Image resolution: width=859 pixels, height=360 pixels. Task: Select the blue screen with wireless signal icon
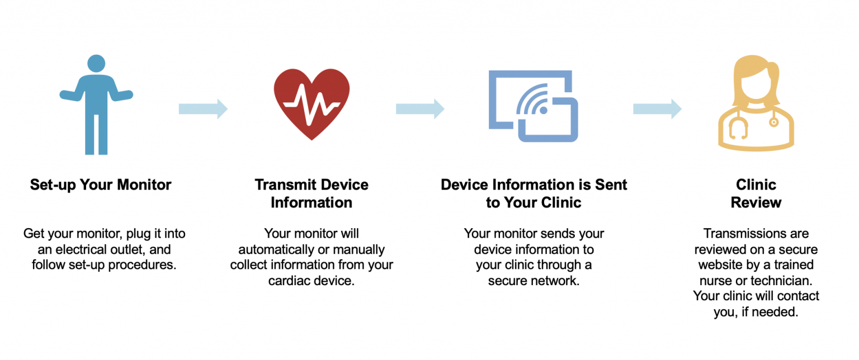click(532, 106)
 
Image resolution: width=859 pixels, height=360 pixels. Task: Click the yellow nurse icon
click(755, 106)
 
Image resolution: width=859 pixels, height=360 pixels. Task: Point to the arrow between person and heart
click(203, 108)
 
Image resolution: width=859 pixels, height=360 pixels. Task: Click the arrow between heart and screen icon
click(420, 108)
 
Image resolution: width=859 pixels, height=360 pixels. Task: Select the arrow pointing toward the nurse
click(657, 108)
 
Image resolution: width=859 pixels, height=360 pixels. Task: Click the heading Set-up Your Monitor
click(101, 185)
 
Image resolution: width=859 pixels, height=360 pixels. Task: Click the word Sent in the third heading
click(611, 185)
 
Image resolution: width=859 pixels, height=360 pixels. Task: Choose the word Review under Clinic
click(756, 202)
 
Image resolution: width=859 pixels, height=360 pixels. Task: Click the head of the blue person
click(96, 63)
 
